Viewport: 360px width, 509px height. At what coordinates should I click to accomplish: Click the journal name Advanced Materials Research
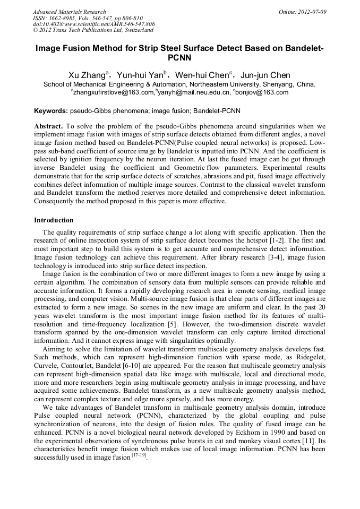[x=69, y=12]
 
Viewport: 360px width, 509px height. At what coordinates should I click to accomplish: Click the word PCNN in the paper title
[x=179, y=58]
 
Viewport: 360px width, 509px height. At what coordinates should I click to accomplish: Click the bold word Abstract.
[x=48, y=127]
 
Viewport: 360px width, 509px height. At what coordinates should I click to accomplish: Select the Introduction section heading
[x=54, y=220]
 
